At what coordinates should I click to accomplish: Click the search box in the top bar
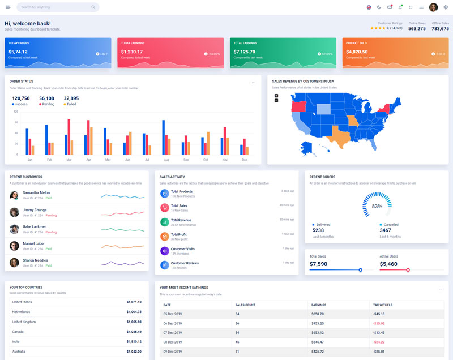(x=57, y=7)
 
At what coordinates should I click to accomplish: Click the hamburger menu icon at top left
(x=8, y=7)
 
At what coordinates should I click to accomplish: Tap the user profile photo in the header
(x=434, y=7)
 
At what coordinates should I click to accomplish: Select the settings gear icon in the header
(x=446, y=7)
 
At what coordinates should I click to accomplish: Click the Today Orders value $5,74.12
(x=18, y=52)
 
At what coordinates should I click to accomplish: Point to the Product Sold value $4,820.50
(x=357, y=52)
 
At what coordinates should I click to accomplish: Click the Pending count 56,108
(x=46, y=98)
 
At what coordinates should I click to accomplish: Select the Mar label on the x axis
(x=69, y=160)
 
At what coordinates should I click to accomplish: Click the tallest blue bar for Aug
(x=164, y=137)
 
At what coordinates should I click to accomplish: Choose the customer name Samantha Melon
(x=36, y=192)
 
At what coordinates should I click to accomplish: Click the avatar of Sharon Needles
(x=14, y=263)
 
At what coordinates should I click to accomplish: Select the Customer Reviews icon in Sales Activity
(x=164, y=265)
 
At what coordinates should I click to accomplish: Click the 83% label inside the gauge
(x=377, y=206)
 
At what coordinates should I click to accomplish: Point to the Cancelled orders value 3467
(x=385, y=230)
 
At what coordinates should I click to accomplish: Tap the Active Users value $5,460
(x=388, y=264)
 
